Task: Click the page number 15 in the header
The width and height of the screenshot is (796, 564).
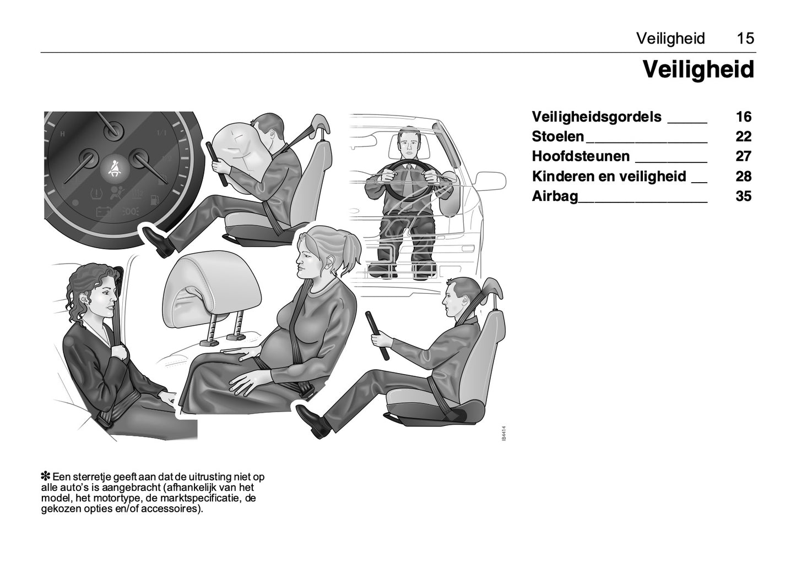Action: pyautogui.click(x=745, y=39)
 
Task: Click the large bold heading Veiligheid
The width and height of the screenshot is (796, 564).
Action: pyautogui.click(x=698, y=70)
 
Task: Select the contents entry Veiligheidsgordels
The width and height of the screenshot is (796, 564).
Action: pyautogui.click(x=596, y=117)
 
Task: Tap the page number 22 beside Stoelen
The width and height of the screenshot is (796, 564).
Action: pyautogui.click(x=743, y=136)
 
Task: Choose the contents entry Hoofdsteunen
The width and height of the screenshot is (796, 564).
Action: pyautogui.click(x=580, y=156)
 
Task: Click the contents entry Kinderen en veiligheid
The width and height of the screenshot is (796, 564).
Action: pyautogui.click(x=609, y=177)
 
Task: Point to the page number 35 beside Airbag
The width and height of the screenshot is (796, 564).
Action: pyautogui.click(x=743, y=196)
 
